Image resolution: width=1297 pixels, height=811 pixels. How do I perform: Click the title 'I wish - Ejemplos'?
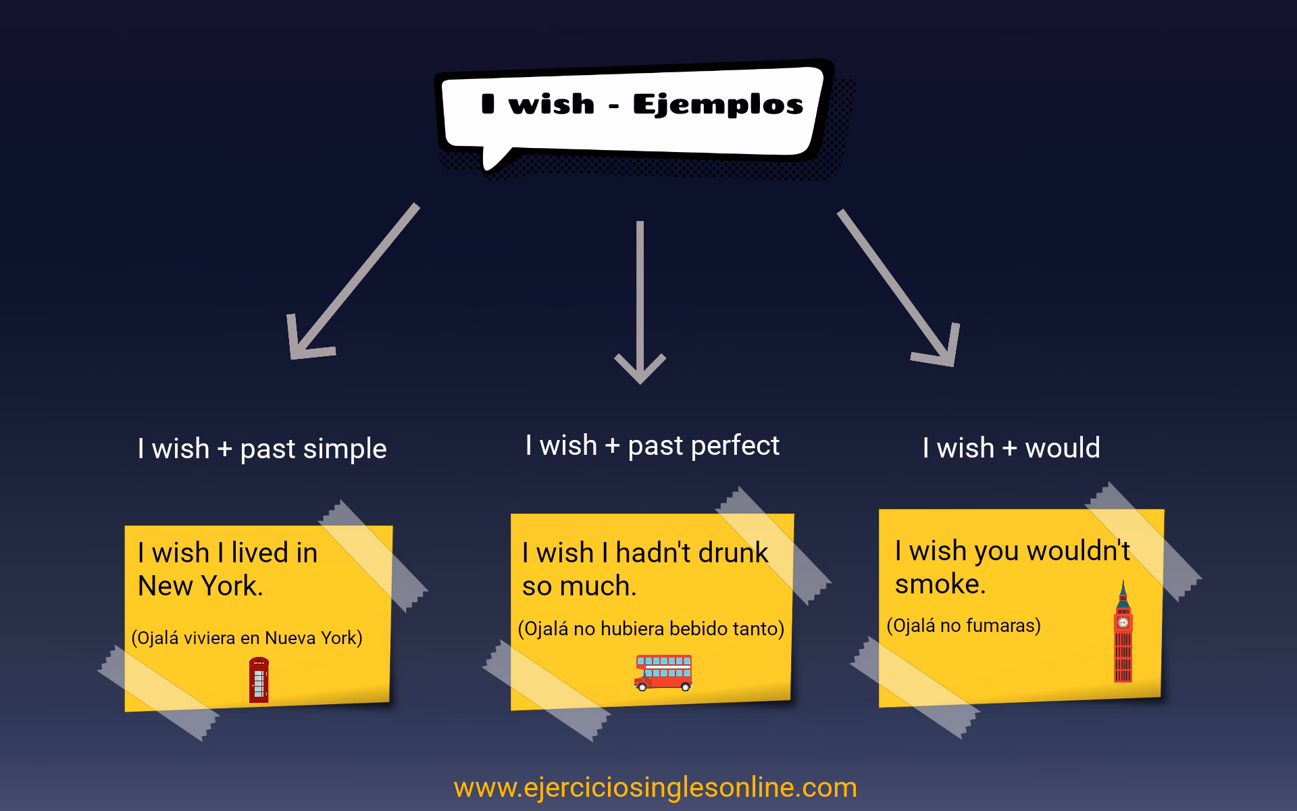tap(642, 105)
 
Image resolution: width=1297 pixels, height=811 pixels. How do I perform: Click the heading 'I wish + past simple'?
tap(262, 449)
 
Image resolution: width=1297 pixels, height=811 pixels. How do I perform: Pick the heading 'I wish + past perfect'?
tap(652, 445)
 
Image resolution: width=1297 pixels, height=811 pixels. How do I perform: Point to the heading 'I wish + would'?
tap(1011, 447)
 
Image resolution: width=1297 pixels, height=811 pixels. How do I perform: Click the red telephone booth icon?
tap(259, 680)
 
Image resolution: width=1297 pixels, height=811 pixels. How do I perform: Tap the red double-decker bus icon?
tap(663, 672)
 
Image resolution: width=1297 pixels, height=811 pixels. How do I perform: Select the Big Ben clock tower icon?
tap(1123, 635)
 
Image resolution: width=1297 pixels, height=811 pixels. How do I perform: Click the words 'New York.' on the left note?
tap(200, 586)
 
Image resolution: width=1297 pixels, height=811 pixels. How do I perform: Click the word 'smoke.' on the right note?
tap(940, 584)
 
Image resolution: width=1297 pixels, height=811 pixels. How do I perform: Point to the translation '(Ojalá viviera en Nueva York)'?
tap(247, 638)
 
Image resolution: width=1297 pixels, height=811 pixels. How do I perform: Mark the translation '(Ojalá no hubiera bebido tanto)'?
tap(651, 629)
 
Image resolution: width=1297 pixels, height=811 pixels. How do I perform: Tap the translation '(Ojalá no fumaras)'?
tap(963, 626)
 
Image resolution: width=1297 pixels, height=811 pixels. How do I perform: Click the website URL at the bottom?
tap(655, 788)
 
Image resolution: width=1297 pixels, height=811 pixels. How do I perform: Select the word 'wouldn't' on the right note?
tap(1077, 551)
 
